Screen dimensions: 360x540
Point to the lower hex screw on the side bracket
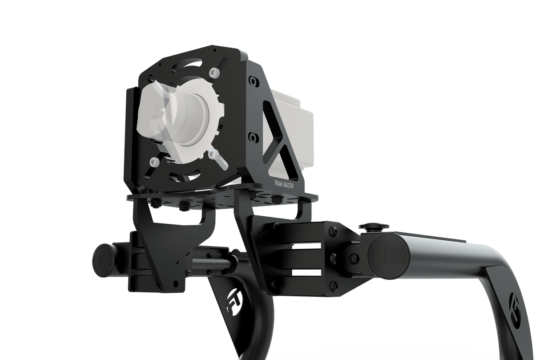tap(253, 136)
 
